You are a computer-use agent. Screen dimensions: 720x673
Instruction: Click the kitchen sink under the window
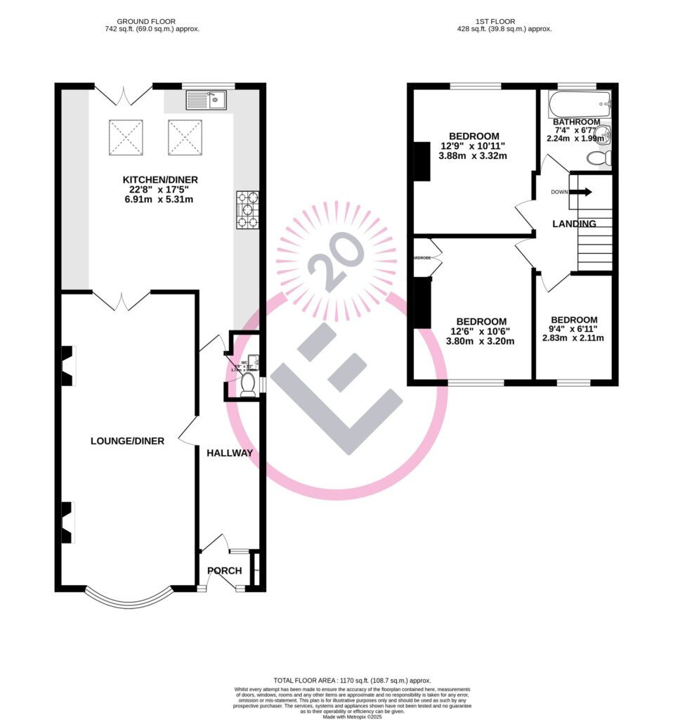[x=207, y=101]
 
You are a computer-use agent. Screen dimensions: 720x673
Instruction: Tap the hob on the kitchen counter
[x=248, y=210]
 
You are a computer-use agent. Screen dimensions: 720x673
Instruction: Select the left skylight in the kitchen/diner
[x=126, y=137]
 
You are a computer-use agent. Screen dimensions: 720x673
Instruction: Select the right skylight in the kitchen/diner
[x=185, y=137]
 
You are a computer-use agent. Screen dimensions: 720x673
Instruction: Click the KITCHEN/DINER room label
[x=158, y=179]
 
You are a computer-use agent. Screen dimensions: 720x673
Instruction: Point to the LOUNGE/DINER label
[x=127, y=441]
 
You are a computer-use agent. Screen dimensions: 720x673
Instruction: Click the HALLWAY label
[x=229, y=453]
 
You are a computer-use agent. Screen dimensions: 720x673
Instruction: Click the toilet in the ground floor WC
[x=248, y=385]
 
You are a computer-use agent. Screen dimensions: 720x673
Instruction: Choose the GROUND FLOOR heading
[x=147, y=22]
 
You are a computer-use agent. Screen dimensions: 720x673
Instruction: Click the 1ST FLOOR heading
[x=502, y=22]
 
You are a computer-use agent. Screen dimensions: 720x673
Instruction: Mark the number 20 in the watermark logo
[x=335, y=262]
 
